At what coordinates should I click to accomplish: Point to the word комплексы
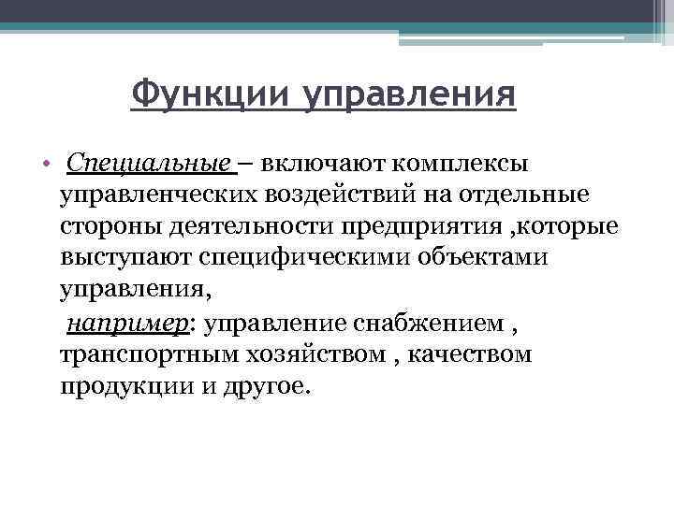point(449,166)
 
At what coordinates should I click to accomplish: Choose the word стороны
point(102,228)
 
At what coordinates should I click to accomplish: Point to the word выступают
point(122,259)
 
